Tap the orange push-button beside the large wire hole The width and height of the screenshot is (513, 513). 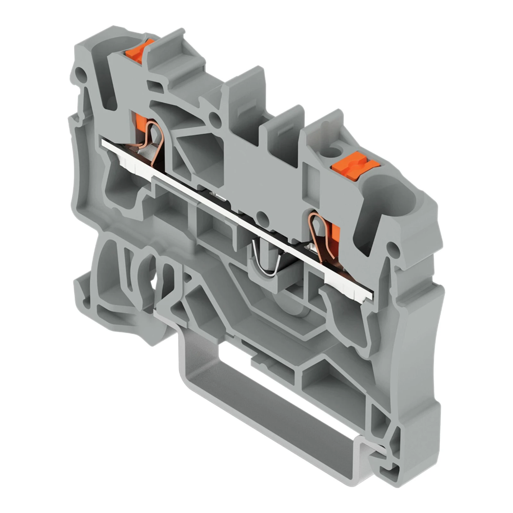coord(354,166)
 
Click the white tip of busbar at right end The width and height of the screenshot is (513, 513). coord(367,300)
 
